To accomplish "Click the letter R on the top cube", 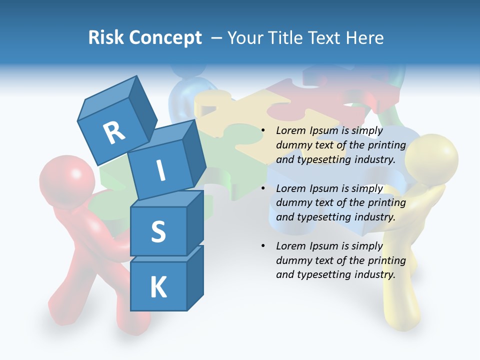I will (x=114, y=132).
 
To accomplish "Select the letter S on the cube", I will (x=158, y=232).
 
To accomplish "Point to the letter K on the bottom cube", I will (x=158, y=288).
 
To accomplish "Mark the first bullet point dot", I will (x=263, y=130).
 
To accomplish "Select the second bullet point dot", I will (x=263, y=188).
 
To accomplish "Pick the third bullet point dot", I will (x=263, y=246).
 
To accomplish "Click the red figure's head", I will (x=67, y=180).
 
